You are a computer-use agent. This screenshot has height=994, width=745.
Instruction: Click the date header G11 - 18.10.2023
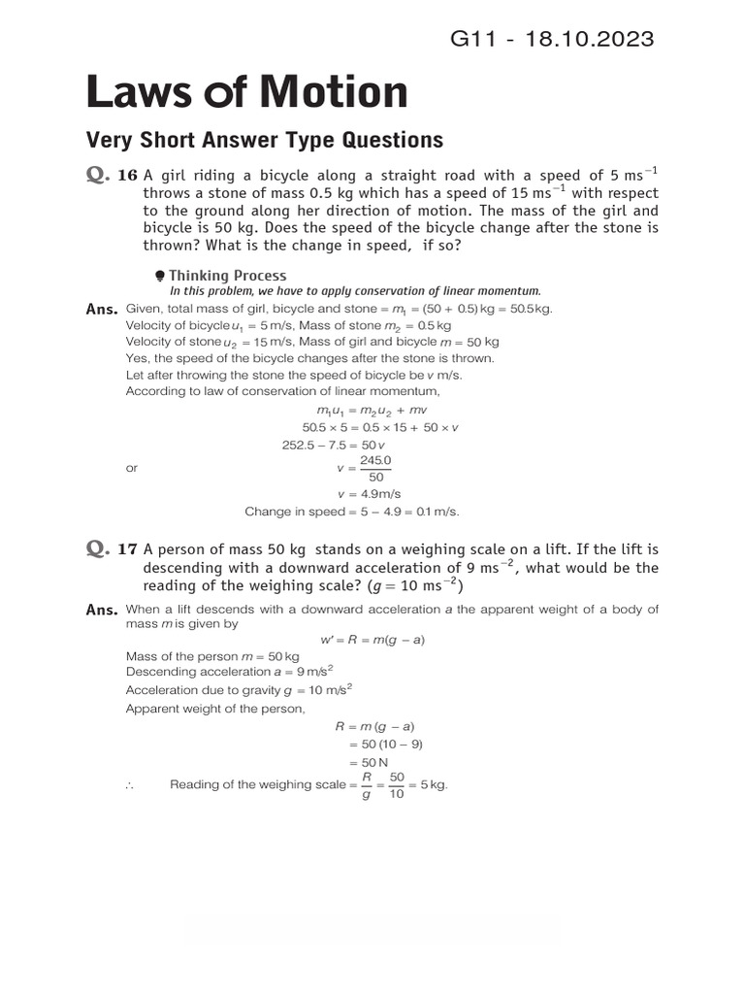(552, 39)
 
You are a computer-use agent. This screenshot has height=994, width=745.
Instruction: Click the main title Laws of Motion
(247, 92)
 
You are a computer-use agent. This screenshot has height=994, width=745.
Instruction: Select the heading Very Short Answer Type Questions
(265, 140)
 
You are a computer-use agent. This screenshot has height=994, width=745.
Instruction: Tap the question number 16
(128, 176)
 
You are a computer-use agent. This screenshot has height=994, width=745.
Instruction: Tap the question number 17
(128, 548)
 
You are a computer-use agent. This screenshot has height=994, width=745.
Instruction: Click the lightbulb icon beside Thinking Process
(160, 276)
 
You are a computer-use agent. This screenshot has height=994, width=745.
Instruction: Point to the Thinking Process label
(228, 276)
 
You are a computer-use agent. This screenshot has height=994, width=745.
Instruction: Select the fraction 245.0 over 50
(376, 468)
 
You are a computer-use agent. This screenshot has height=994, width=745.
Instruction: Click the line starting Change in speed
(351, 512)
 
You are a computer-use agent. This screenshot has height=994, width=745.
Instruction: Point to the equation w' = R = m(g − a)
(372, 640)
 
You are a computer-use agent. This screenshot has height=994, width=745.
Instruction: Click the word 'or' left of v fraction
(132, 468)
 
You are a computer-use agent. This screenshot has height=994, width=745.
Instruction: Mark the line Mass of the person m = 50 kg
(200, 656)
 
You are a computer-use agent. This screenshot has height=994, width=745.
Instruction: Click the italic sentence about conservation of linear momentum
(355, 291)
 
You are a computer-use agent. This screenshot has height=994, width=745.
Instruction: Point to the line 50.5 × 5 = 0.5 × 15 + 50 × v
(380, 427)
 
